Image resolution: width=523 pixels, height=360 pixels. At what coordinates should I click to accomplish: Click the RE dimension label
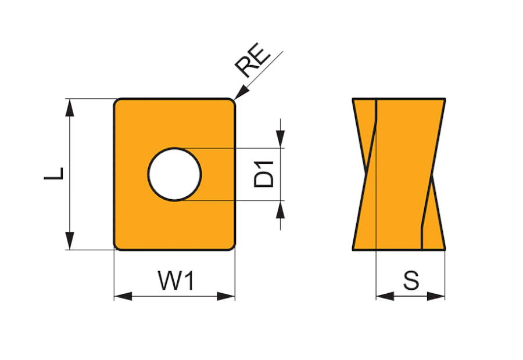[x=253, y=62]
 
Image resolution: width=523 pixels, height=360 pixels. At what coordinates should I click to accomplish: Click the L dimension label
[x=54, y=174]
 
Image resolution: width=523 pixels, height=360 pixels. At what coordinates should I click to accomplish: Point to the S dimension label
[x=411, y=281]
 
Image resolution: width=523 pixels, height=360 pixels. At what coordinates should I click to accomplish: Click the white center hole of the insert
[x=174, y=175]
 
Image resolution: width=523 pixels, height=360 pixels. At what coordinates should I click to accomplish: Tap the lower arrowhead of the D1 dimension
[x=281, y=210]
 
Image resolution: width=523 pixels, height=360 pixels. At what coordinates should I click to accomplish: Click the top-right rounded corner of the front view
[x=232, y=102]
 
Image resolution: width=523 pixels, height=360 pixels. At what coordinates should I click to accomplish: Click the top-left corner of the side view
[x=353, y=99]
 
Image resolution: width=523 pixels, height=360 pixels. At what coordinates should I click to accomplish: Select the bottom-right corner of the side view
[x=446, y=250]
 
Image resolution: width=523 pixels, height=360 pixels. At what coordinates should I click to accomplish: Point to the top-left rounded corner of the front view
[x=116, y=102]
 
